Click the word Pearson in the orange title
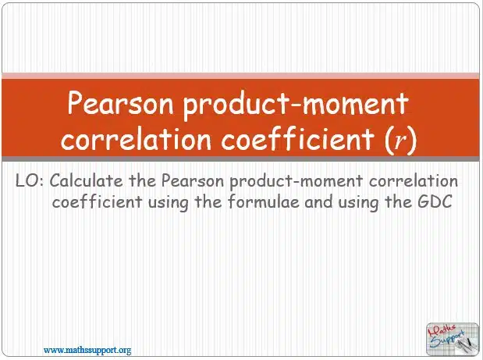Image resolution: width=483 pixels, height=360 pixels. [x=120, y=103]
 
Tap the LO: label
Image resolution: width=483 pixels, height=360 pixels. [x=30, y=180]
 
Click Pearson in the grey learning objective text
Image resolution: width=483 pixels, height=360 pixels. [x=193, y=180]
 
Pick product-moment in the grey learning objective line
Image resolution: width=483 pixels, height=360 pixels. [x=297, y=181]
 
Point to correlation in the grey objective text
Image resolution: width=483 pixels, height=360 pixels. [x=414, y=180]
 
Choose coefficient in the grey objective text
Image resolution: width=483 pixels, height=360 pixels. [x=98, y=202]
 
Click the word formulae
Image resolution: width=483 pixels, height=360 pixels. [x=264, y=202]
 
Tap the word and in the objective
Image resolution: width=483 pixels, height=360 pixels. [x=318, y=202]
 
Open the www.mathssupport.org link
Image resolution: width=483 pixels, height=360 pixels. [x=87, y=351]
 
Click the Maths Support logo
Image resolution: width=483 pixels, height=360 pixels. [x=453, y=339]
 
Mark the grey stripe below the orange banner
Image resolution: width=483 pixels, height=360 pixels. [x=240, y=159]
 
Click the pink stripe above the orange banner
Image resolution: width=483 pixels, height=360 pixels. [x=240, y=76]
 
